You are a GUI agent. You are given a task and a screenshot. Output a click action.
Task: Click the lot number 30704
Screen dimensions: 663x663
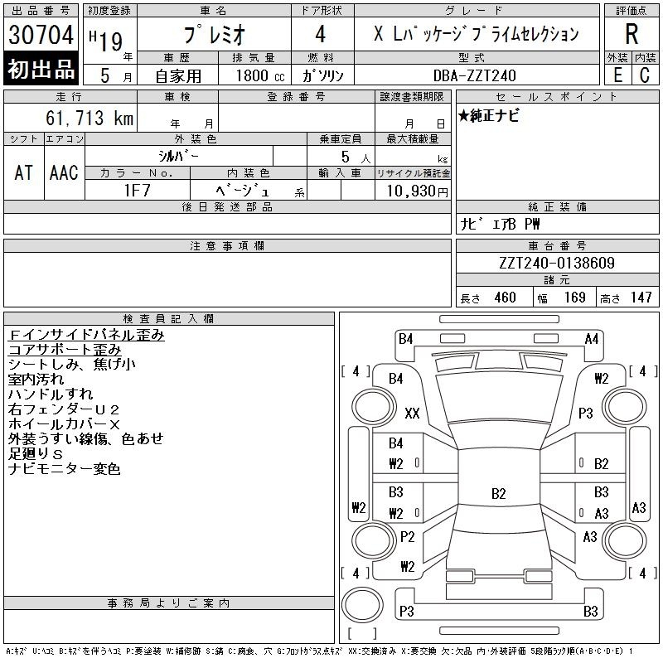[41, 35]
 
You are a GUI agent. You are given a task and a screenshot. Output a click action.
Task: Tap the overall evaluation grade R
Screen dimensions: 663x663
[632, 34]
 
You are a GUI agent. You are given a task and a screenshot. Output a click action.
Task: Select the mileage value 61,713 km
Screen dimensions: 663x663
[90, 118]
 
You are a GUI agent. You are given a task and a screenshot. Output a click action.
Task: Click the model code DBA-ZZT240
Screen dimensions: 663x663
[474, 75]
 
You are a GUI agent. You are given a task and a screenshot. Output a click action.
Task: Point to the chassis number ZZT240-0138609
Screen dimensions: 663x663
[557, 263]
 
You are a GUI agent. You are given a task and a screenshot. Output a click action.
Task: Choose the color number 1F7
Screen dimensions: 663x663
[137, 191]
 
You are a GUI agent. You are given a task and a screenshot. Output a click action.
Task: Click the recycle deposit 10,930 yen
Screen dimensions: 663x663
[418, 191]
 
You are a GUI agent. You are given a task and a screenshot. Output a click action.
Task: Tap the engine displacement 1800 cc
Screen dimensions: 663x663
[260, 75]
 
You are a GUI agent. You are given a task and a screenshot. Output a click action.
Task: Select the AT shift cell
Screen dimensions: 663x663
[24, 172]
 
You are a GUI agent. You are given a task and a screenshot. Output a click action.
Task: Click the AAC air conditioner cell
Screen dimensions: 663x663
[64, 172]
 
